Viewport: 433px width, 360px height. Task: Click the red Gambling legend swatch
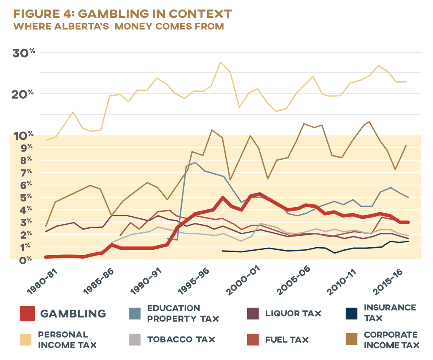coord(28,314)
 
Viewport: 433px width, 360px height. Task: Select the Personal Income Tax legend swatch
coord(28,339)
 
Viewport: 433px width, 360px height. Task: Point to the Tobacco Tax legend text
coord(181,340)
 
